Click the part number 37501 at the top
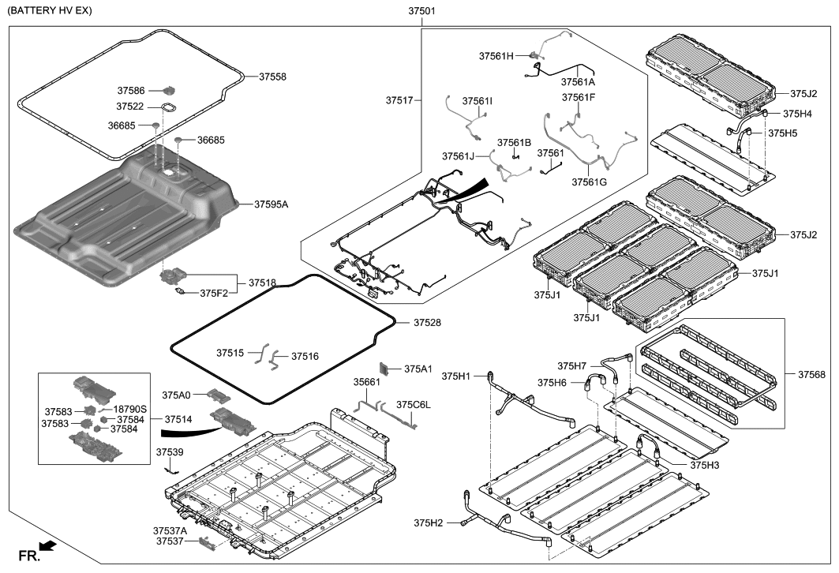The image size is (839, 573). click(x=421, y=12)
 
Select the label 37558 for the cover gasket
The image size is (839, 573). click(x=272, y=77)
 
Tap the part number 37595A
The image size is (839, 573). click(x=272, y=204)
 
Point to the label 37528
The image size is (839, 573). click(x=425, y=323)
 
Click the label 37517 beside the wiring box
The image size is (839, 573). click(x=399, y=100)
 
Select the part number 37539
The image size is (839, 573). click(x=170, y=452)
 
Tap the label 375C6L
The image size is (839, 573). click(x=414, y=405)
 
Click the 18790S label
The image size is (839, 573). click(x=130, y=410)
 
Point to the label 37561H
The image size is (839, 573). click(x=496, y=56)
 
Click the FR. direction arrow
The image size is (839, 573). click(x=47, y=545)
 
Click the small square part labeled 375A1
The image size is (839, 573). click(x=386, y=368)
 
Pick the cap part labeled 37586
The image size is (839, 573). click(x=169, y=90)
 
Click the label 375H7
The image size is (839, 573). click(x=572, y=366)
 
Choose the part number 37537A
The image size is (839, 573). click(x=171, y=530)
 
